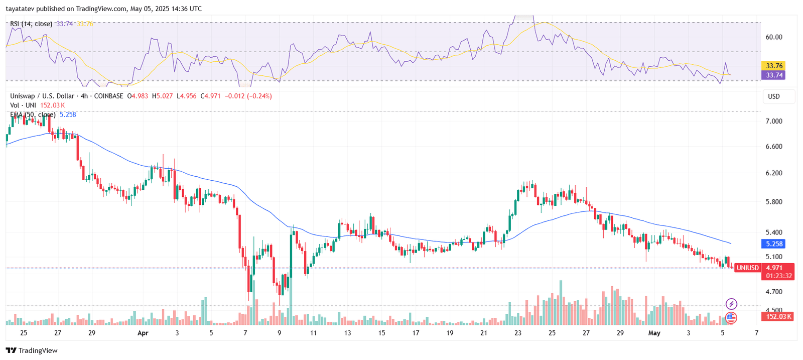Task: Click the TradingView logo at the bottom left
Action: [x=31, y=350]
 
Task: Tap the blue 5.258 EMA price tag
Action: [x=774, y=244]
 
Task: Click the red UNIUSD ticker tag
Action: [x=747, y=268]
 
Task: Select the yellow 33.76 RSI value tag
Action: [x=774, y=66]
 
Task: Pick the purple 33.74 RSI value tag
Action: [x=774, y=75]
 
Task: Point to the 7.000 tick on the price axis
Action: [x=774, y=121]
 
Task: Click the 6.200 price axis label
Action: [x=774, y=173]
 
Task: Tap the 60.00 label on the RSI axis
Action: [x=774, y=37]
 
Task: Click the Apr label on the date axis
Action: [x=143, y=333]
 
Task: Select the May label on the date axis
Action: [x=654, y=333]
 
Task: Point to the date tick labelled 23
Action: [x=518, y=333]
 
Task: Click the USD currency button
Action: [x=774, y=96]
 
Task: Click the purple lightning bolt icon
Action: [x=731, y=304]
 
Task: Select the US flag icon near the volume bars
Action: [x=731, y=317]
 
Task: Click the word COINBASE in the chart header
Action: [x=108, y=96]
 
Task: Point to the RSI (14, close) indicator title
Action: [x=31, y=24]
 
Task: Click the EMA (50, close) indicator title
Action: [x=33, y=114]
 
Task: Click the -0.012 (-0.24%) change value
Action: [x=248, y=96]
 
